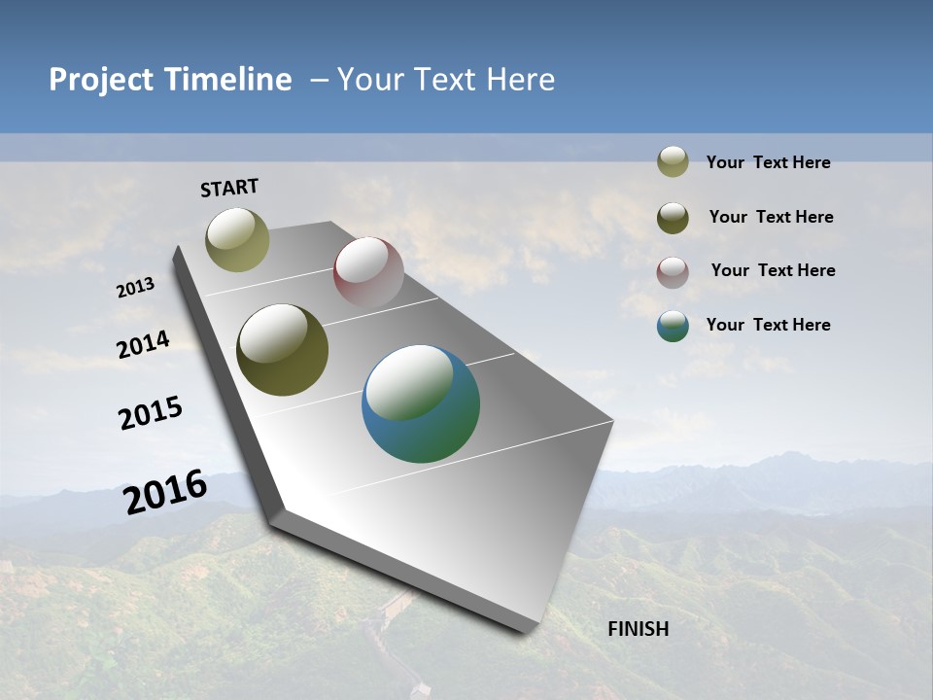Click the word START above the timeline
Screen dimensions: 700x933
point(229,188)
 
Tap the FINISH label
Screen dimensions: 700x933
point(639,629)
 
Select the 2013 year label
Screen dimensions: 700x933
point(136,288)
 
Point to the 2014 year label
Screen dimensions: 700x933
point(144,345)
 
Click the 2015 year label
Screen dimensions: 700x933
point(151,413)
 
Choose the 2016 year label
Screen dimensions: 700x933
point(165,491)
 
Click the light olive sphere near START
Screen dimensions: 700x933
point(237,239)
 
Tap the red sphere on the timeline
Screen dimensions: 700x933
point(368,272)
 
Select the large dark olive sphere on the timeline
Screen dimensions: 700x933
point(282,350)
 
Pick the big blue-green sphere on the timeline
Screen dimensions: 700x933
point(421,403)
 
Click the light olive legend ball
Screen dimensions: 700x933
point(673,161)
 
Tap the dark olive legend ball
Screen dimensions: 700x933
point(673,218)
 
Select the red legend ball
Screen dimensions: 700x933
point(673,272)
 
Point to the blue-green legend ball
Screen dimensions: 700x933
point(673,326)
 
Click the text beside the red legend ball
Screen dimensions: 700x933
point(773,270)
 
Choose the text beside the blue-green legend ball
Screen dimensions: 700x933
point(768,325)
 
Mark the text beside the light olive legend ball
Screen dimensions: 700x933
point(768,162)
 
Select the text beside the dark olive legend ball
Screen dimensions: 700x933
point(771,217)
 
